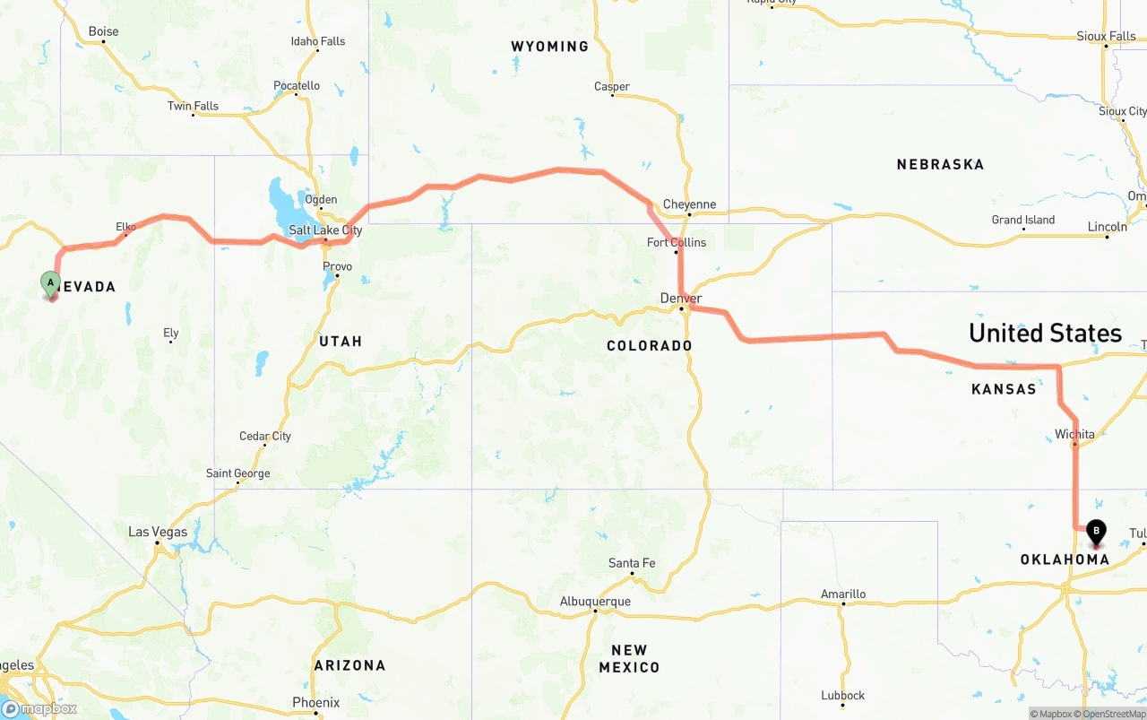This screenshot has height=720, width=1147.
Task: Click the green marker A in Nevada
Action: point(51,284)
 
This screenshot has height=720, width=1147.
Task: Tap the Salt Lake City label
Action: point(325,230)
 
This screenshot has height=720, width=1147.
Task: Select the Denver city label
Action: point(681,298)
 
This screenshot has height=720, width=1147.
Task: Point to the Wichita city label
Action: point(1074,434)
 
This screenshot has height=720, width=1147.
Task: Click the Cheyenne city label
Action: point(689,204)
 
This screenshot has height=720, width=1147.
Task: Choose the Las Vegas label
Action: point(158,532)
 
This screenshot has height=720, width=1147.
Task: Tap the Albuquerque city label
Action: point(595,601)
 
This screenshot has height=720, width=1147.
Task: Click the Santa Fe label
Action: point(632,563)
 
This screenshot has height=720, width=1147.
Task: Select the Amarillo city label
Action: point(843,594)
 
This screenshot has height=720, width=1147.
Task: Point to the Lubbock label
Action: point(842,695)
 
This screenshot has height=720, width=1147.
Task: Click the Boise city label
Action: point(103,31)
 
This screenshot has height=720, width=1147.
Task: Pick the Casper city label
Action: point(612,87)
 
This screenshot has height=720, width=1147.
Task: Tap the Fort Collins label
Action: point(677,242)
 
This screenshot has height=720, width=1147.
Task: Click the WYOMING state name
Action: point(549,46)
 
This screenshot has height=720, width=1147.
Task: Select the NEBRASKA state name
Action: point(940,164)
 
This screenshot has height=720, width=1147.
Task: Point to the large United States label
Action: point(1045,334)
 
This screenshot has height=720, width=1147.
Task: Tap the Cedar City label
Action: point(265,437)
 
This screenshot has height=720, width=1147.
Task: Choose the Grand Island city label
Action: point(1022,220)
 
